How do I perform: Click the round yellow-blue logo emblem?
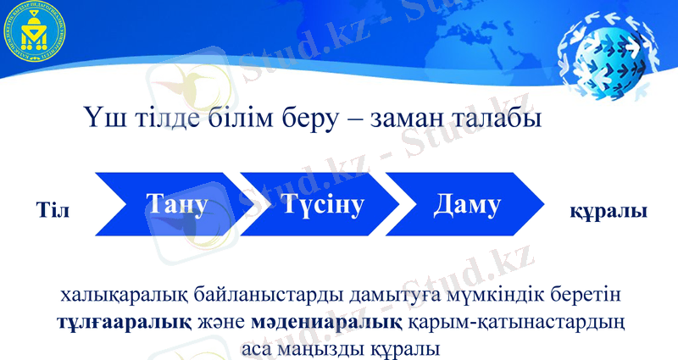37,36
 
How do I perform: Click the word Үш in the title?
103,117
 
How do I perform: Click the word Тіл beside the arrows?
53,208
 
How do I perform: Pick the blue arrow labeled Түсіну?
318,206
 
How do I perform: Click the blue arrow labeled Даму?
467,206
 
